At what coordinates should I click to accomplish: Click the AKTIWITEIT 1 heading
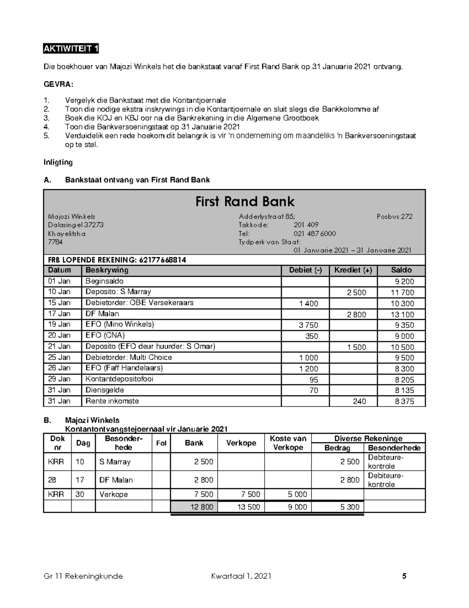tap(71, 49)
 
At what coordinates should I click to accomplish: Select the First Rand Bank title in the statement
tap(245, 202)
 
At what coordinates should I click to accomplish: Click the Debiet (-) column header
tap(305, 270)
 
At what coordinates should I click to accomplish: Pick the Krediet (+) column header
tap(353, 270)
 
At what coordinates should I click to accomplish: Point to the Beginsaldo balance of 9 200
tap(404, 281)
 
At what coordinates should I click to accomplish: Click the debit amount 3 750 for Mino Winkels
tap(308, 325)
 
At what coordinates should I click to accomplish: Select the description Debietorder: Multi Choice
tap(129, 357)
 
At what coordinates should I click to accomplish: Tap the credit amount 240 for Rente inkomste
tap(359, 401)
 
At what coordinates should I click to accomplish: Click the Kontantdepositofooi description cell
tap(120, 379)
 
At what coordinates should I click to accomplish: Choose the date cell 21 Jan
tap(59, 346)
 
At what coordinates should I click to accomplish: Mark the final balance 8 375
tap(404, 401)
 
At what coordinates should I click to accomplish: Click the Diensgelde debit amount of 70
tap(313, 390)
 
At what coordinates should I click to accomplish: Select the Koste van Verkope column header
tap(288, 443)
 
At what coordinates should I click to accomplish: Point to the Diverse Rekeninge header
tap(368, 438)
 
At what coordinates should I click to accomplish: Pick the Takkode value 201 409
tap(306, 225)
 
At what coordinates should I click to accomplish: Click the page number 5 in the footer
tap(404, 576)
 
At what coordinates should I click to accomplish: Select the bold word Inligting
tap(58, 162)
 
